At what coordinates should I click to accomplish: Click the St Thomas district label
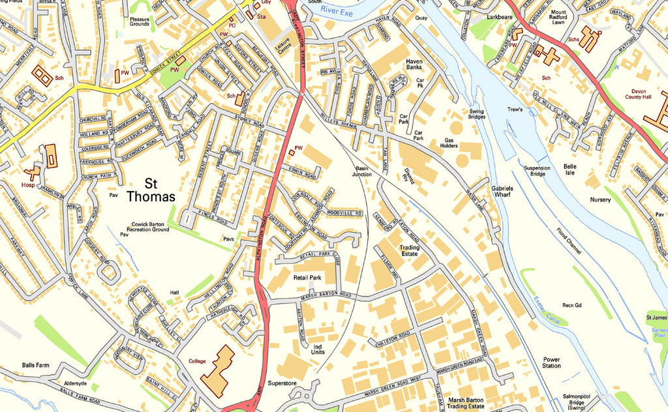[x=151, y=189]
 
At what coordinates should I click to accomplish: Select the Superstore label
[x=282, y=383]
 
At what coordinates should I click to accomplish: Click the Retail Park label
[x=308, y=277]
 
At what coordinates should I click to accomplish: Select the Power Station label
[x=551, y=362]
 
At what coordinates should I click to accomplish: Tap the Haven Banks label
[x=414, y=64]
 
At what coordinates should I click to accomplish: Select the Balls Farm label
[x=35, y=365]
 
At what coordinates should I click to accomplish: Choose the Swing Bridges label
[x=477, y=113]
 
